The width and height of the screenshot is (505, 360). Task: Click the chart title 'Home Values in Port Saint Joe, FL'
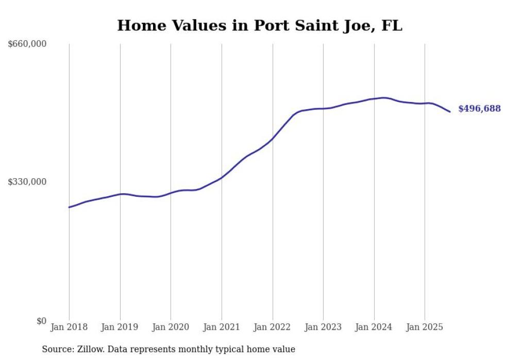pyautogui.click(x=259, y=25)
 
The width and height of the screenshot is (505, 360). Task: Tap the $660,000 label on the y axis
pyautogui.click(x=27, y=44)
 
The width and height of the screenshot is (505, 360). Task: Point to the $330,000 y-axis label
pyautogui.click(x=27, y=182)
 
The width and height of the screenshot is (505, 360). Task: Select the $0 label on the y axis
pyautogui.click(x=41, y=321)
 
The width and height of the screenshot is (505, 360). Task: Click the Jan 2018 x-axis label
pyautogui.click(x=69, y=327)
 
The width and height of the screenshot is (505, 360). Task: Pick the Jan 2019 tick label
pyautogui.click(x=120, y=327)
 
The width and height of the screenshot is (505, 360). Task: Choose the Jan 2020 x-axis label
pyautogui.click(x=171, y=327)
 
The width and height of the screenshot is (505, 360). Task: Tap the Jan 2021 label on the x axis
pyautogui.click(x=222, y=327)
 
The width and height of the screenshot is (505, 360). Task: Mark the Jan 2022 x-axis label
pyautogui.click(x=273, y=327)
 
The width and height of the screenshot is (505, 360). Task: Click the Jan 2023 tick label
pyautogui.click(x=323, y=327)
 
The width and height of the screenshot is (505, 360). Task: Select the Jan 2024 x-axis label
pyautogui.click(x=374, y=327)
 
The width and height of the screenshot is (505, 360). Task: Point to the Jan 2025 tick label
pyautogui.click(x=425, y=327)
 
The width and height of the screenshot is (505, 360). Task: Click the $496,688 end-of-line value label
pyautogui.click(x=479, y=109)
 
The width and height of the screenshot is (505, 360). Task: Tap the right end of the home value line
pyautogui.click(x=450, y=112)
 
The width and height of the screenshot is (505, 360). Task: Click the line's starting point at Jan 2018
pyautogui.click(x=69, y=207)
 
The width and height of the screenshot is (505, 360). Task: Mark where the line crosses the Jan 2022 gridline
pyautogui.click(x=273, y=138)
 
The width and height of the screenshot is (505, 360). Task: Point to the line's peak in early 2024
pyautogui.click(x=383, y=97)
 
